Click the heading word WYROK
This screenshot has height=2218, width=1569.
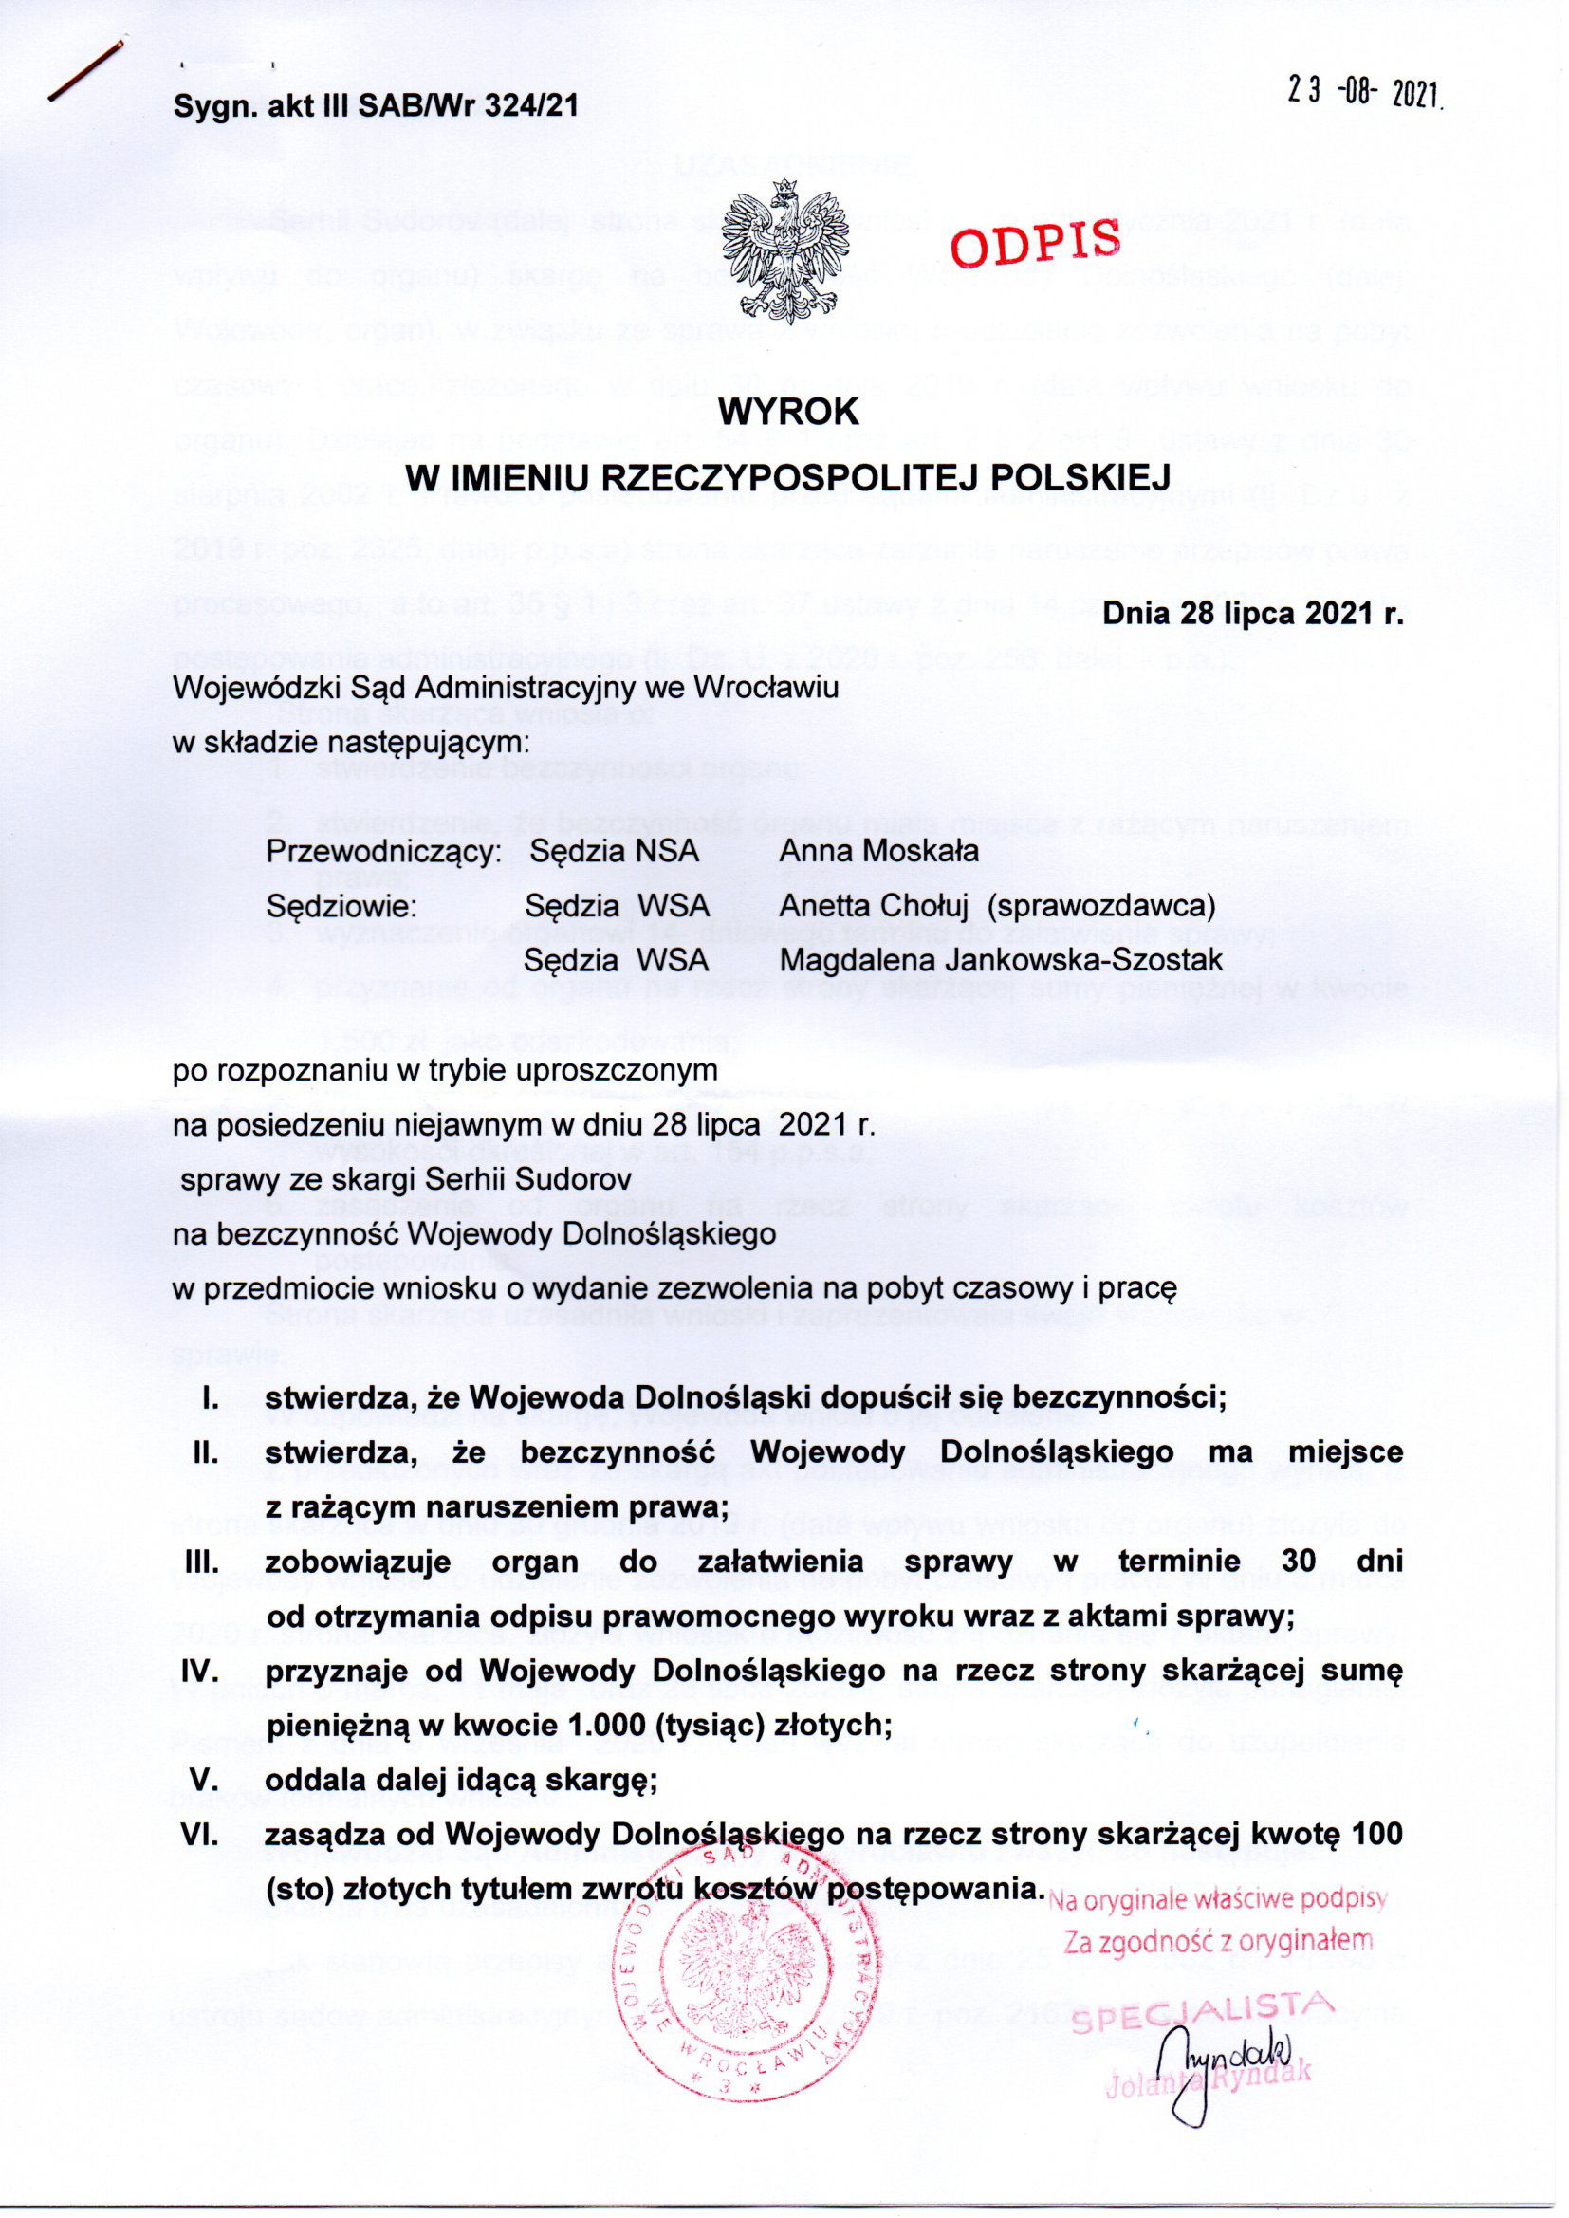[x=786, y=415]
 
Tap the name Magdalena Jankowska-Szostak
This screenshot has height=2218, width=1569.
[x=1002, y=960]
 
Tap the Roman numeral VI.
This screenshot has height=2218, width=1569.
[x=205, y=1833]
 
